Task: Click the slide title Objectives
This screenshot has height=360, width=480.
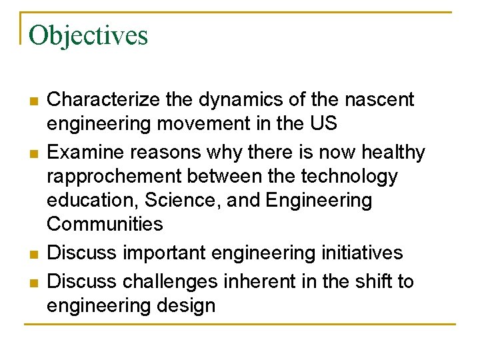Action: pyautogui.click(x=88, y=35)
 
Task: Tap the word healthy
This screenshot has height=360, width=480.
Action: pyautogui.click(x=393, y=153)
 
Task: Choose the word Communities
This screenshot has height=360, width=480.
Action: pyautogui.click(x=105, y=224)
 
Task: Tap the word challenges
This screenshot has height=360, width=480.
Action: pyautogui.click(x=170, y=282)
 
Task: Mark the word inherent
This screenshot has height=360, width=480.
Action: pyautogui.click(x=261, y=282)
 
